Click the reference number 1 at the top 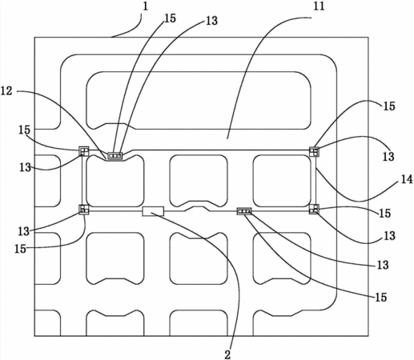point(145,6)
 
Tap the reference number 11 point(319,6)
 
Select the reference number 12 point(6,91)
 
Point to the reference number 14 point(407,179)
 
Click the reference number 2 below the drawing point(227,354)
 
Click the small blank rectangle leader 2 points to point(153,211)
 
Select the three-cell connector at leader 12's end point(115,155)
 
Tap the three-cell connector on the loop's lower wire point(244,211)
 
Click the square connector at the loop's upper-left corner point(84,151)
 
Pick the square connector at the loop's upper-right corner point(314,151)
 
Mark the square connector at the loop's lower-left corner point(84,210)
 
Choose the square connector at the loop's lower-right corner point(314,209)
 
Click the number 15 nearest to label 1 point(170,18)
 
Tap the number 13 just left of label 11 point(212,21)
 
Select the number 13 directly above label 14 point(388,157)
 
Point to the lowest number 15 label point(381,297)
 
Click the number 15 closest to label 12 point(24,130)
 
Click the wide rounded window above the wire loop point(199,100)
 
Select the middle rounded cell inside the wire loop point(199,181)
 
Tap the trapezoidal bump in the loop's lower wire point(198,209)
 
